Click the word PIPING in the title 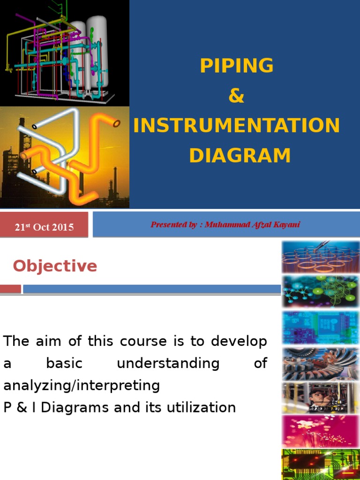(x=236, y=66)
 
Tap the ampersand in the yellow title (x=236, y=96)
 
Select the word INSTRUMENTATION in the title (x=236, y=126)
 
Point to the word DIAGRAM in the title (x=240, y=156)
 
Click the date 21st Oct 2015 (x=44, y=227)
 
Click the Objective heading (x=55, y=266)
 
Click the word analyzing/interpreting (x=82, y=385)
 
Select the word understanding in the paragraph (x=168, y=363)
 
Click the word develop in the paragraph (x=239, y=341)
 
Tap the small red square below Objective (x=10, y=289)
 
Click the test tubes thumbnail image (x=320, y=257)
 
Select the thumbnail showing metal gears (x=320, y=364)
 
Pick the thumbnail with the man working (x=320, y=398)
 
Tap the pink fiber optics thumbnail (x=320, y=431)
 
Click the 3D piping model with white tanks (x=64, y=52)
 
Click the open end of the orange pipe (x=117, y=124)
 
